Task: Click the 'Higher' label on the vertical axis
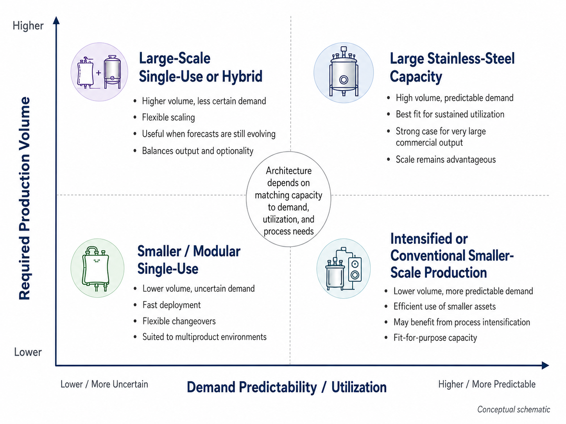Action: pos(28,26)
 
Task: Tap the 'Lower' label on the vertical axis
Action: pos(28,352)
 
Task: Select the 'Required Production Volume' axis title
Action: pos(25,198)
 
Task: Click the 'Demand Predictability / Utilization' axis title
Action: pos(287,387)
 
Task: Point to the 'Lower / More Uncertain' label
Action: pos(104,384)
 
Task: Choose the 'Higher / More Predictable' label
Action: pos(487,384)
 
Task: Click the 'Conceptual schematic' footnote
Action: pos(514,409)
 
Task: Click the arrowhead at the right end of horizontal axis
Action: pos(545,365)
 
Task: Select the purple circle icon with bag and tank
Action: pos(99,72)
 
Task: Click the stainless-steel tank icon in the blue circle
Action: pos(344,73)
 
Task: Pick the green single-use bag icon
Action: pos(97,268)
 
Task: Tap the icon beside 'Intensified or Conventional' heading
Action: pos(344,269)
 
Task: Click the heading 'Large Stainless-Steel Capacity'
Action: pos(452,67)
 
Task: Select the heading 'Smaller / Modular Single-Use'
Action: pos(189,260)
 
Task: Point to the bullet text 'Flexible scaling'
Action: pos(168,118)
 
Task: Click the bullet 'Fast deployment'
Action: pos(172,305)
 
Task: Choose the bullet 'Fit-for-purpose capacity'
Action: pos(435,337)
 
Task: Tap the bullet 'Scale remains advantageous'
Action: pos(446,160)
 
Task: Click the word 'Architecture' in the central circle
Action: pos(289,171)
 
